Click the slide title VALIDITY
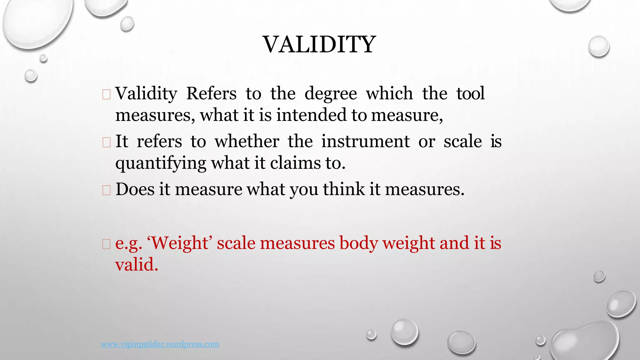coord(319,44)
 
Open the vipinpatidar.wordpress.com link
coord(160,344)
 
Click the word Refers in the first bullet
coord(211,93)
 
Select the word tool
coord(470,93)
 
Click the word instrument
coord(365,141)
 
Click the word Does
coord(135,189)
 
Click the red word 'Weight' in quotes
coord(180,243)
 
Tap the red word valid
coord(137,264)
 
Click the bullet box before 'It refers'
coord(106,142)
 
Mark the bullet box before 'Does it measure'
coord(106,190)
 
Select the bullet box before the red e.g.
coord(106,244)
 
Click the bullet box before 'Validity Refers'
coord(106,94)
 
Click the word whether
coord(247,141)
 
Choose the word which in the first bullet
coord(389,93)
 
